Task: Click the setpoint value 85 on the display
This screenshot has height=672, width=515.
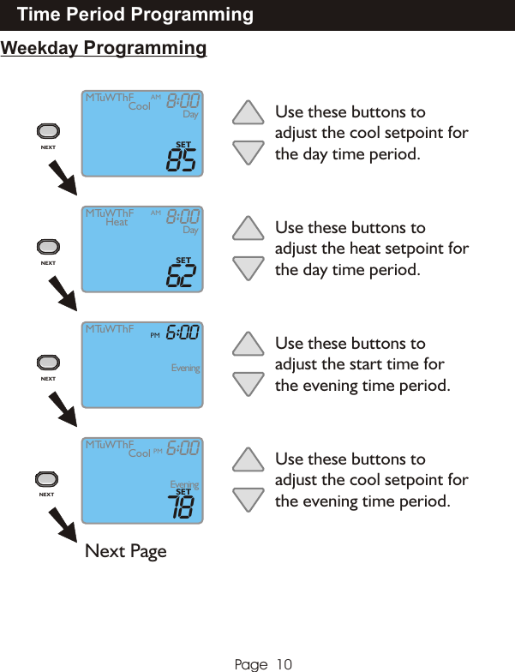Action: pos(182,160)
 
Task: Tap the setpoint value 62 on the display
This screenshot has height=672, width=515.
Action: pos(182,276)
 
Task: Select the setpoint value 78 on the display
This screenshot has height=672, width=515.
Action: pos(182,507)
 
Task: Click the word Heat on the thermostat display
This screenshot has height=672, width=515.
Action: pos(117,222)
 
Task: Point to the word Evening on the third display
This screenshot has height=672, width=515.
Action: pos(185,369)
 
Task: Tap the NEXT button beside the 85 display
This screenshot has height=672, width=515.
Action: pos(48,131)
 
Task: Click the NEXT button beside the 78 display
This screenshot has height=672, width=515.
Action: pos(47,479)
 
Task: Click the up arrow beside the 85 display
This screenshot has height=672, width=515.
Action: pos(249,112)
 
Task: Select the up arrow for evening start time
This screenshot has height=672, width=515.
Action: pos(249,344)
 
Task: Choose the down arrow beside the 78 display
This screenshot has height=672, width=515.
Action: pos(249,500)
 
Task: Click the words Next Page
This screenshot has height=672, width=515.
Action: pos(126,551)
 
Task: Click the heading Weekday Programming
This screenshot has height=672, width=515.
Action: pos(104,48)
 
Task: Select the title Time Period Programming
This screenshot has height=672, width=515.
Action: pos(135,15)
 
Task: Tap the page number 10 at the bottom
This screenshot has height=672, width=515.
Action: pos(284,664)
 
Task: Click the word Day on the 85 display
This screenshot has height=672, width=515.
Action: pos(190,115)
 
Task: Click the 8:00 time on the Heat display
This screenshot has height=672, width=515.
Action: pos(183,216)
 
